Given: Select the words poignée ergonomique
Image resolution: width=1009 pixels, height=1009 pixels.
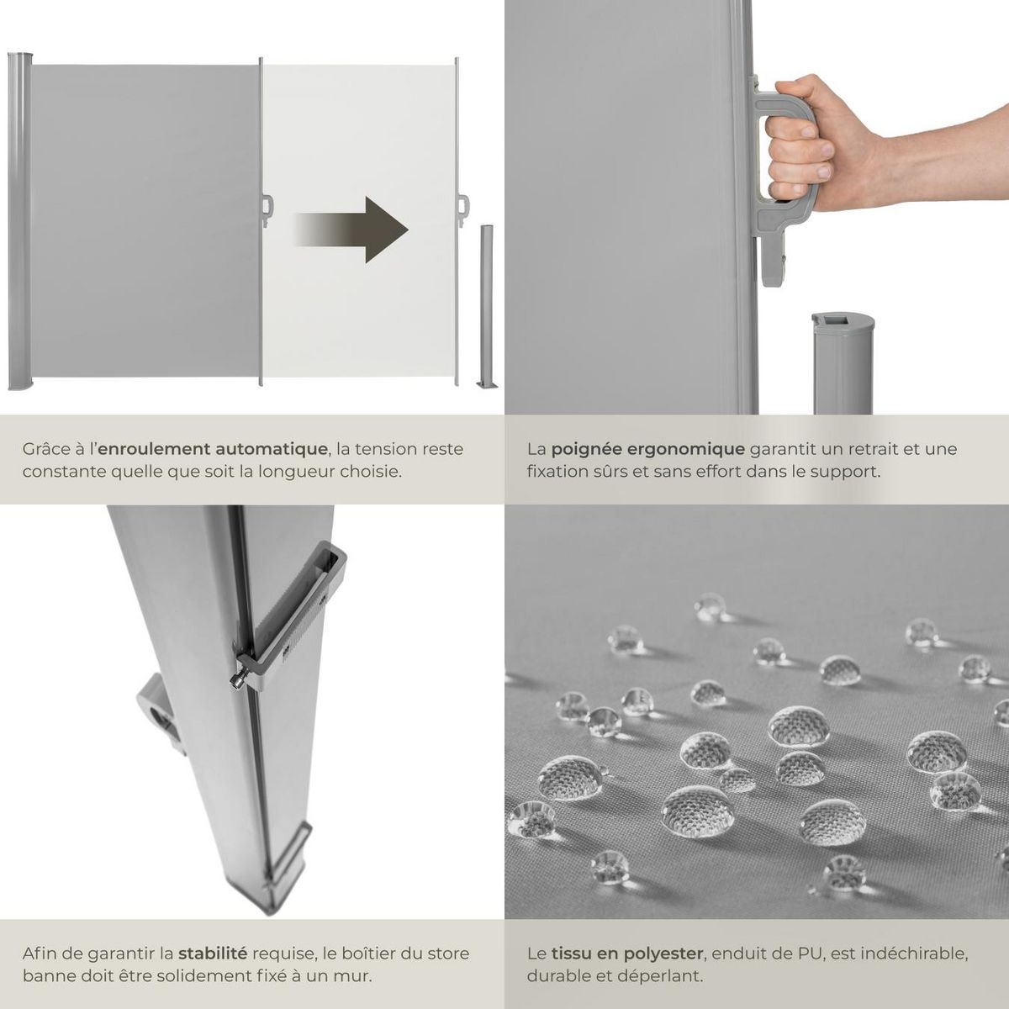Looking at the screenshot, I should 647,449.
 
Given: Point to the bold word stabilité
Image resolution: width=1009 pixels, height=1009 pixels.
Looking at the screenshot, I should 214,954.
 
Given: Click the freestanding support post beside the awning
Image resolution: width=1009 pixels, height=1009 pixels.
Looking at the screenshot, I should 486,303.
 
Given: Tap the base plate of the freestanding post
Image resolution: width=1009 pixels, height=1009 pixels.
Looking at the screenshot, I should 487,385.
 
